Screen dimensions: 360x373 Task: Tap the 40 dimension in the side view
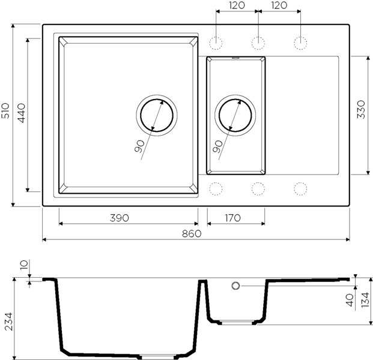tap(350, 300)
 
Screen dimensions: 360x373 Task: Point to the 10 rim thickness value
tap(23, 266)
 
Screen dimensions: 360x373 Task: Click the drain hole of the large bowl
tap(157, 115)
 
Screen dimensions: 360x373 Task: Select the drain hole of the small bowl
tap(235, 115)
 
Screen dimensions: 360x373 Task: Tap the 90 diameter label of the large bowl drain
tap(139, 146)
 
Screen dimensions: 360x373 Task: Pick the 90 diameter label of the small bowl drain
tap(217, 146)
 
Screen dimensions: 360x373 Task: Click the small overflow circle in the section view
tap(236, 286)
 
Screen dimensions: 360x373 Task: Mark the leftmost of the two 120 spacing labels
tap(237, 6)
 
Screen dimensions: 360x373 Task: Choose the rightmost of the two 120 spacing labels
tap(279, 6)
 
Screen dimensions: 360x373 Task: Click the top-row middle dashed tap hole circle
tap(258, 43)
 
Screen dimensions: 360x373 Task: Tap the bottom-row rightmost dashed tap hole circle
tap(300, 188)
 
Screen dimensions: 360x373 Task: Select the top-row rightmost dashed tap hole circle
tap(300, 43)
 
